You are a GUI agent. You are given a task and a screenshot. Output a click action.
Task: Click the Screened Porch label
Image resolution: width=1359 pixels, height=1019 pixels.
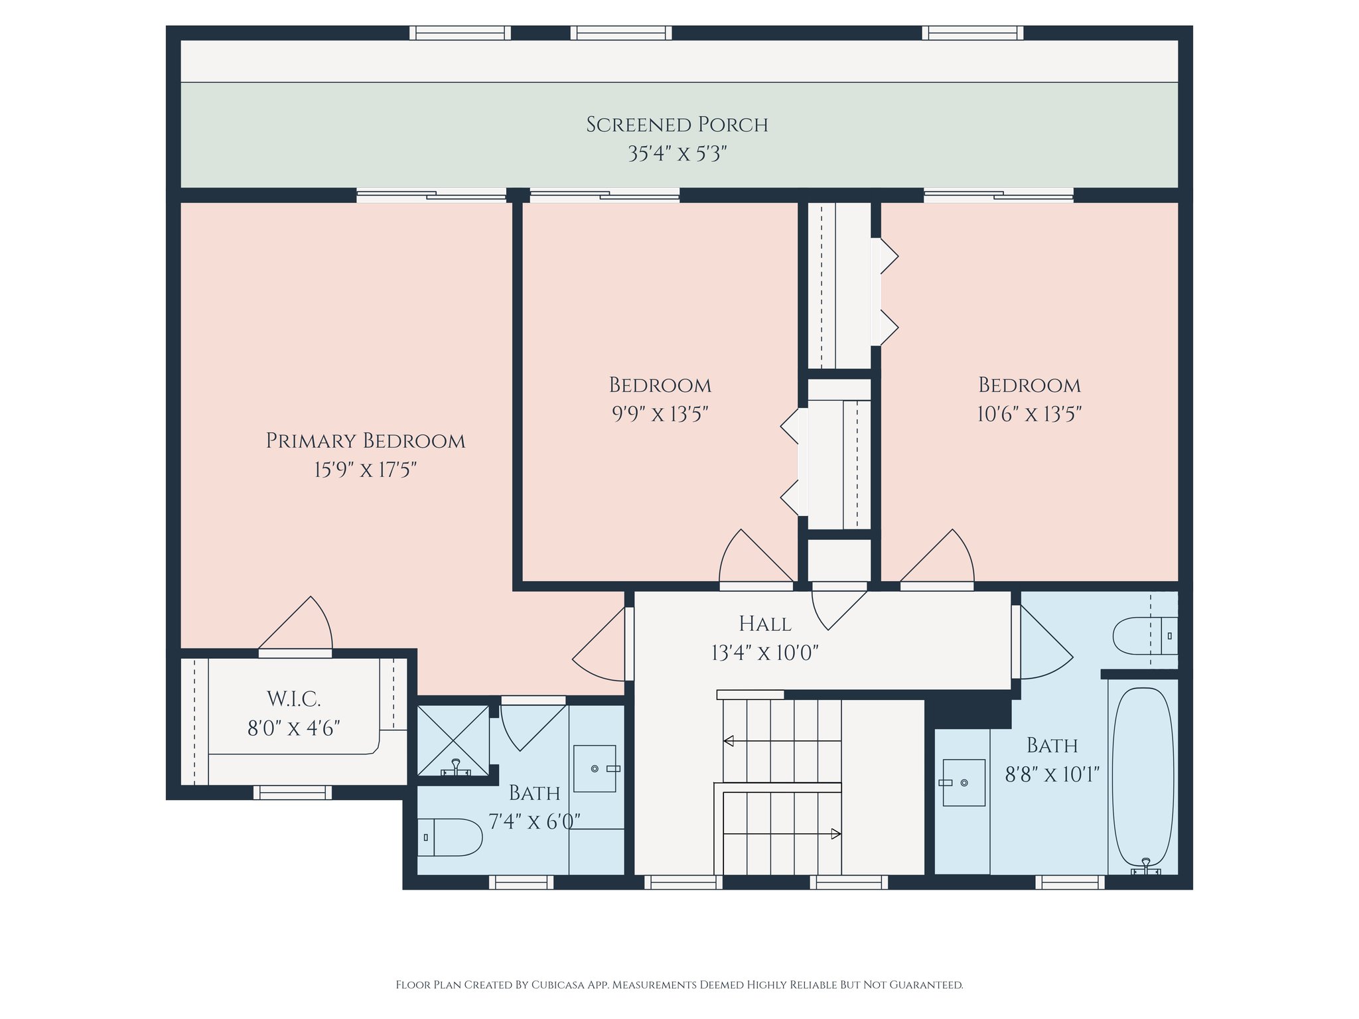pyautogui.click(x=677, y=125)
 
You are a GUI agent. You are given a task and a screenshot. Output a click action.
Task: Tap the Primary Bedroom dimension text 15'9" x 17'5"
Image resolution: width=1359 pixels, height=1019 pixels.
pyautogui.click(x=366, y=470)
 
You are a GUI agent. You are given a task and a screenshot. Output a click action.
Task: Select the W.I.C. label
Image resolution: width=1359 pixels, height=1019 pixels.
pyautogui.click(x=294, y=699)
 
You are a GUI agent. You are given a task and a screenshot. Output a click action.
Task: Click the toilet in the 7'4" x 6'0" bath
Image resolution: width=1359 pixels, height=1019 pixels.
pyautogui.click(x=449, y=837)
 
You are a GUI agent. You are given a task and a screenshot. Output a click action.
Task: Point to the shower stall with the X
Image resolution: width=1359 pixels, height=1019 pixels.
pyautogui.click(x=453, y=740)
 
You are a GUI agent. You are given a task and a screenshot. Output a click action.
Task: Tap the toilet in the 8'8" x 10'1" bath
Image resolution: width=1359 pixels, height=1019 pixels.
pyautogui.click(x=1145, y=636)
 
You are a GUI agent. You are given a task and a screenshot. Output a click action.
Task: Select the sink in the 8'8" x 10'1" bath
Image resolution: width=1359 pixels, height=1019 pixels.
pyautogui.click(x=964, y=783)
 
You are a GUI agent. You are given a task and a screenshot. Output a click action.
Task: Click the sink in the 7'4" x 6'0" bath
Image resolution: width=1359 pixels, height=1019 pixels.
pyautogui.click(x=595, y=768)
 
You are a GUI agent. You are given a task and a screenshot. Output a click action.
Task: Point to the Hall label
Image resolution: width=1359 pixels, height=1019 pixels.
pyautogui.click(x=765, y=624)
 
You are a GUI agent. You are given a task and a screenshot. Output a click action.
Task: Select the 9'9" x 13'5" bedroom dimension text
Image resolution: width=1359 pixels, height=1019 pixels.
pyautogui.click(x=660, y=414)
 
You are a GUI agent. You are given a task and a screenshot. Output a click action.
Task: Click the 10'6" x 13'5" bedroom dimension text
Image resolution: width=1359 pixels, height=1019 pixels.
pyautogui.click(x=1029, y=414)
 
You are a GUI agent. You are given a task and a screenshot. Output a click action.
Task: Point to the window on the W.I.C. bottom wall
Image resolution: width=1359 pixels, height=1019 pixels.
pyautogui.click(x=293, y=792)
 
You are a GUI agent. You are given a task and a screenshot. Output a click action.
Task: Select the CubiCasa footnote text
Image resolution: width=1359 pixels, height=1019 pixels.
pyautogui.click(x=679, y=985)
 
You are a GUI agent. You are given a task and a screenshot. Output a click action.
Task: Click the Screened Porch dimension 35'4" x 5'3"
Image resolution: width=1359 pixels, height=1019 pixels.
pyautogui.click(x=678, y=154)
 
